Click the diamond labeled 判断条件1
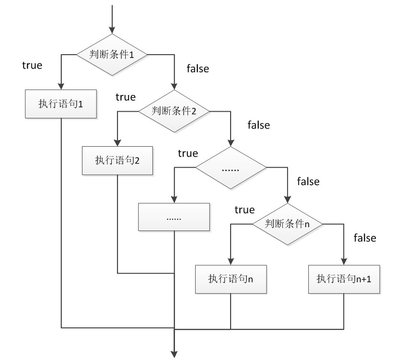click(x=112, y=55)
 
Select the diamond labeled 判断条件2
click(x=174, y=111)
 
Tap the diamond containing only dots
click(x=231, y=168)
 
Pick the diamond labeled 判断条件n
click(x=288, y=224)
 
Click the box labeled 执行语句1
click(x=61, y=104)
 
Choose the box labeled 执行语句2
click(x=117, y=161)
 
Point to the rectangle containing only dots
click(x=174, y=217)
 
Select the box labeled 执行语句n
click(x=231, y=279)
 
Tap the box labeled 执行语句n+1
click(x=344, y=279)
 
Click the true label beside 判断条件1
click(x=32, y=65)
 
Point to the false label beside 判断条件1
click(x=198, y=69)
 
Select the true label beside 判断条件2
click(x=126, y=97)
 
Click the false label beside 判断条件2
click(x=258, y=125)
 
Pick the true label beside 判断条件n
click(x=244, y=210)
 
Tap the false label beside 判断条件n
click(x=365, y=238)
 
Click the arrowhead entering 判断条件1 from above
click(x=112, y=30)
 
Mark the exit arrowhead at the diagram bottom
click(x=174, y=354)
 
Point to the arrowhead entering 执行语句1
click(x=61, y=86)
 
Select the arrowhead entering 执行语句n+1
click(x=344, y=261)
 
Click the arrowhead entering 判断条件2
click(x=174, y=86)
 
